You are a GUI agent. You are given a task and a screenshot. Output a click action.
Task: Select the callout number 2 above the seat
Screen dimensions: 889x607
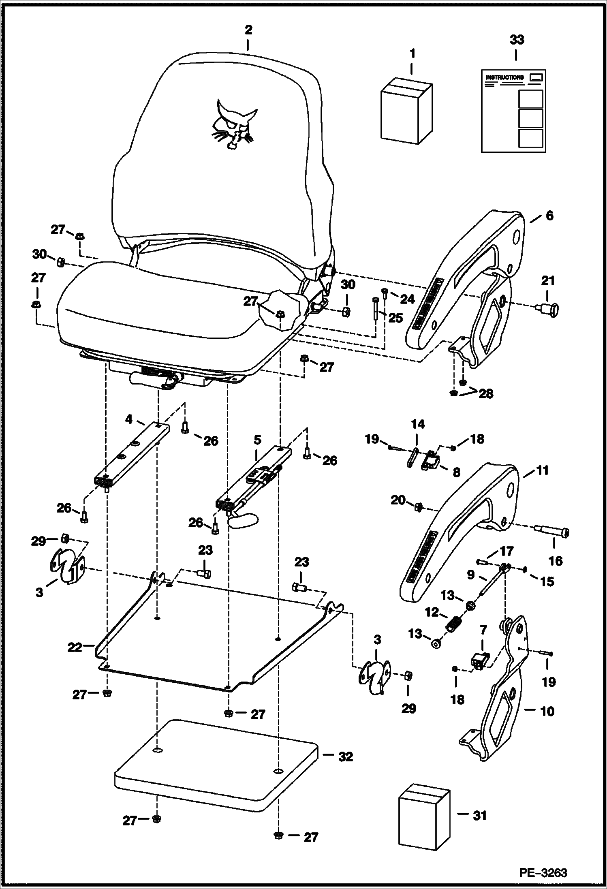248,30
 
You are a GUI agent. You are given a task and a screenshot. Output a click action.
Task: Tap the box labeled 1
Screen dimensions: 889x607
406,112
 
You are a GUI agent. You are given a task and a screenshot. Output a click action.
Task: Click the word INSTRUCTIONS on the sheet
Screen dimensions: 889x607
504,77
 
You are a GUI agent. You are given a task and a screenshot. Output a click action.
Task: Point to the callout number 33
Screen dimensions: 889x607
516,40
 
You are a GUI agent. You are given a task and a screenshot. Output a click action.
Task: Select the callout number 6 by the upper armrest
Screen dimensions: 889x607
549,215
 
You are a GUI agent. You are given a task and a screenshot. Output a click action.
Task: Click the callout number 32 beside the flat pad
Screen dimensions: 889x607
345,757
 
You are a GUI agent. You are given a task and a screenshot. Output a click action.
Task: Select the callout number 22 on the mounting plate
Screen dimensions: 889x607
75,648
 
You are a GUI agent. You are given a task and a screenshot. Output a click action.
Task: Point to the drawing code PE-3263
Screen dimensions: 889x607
543,872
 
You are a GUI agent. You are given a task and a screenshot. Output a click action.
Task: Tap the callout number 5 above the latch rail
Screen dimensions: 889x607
257,440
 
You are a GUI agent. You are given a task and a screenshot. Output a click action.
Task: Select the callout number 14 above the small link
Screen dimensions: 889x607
418,424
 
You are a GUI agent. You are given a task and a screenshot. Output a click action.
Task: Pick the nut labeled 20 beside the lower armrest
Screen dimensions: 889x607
419,506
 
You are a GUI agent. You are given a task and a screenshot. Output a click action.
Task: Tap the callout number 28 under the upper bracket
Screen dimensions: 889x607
485,393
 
